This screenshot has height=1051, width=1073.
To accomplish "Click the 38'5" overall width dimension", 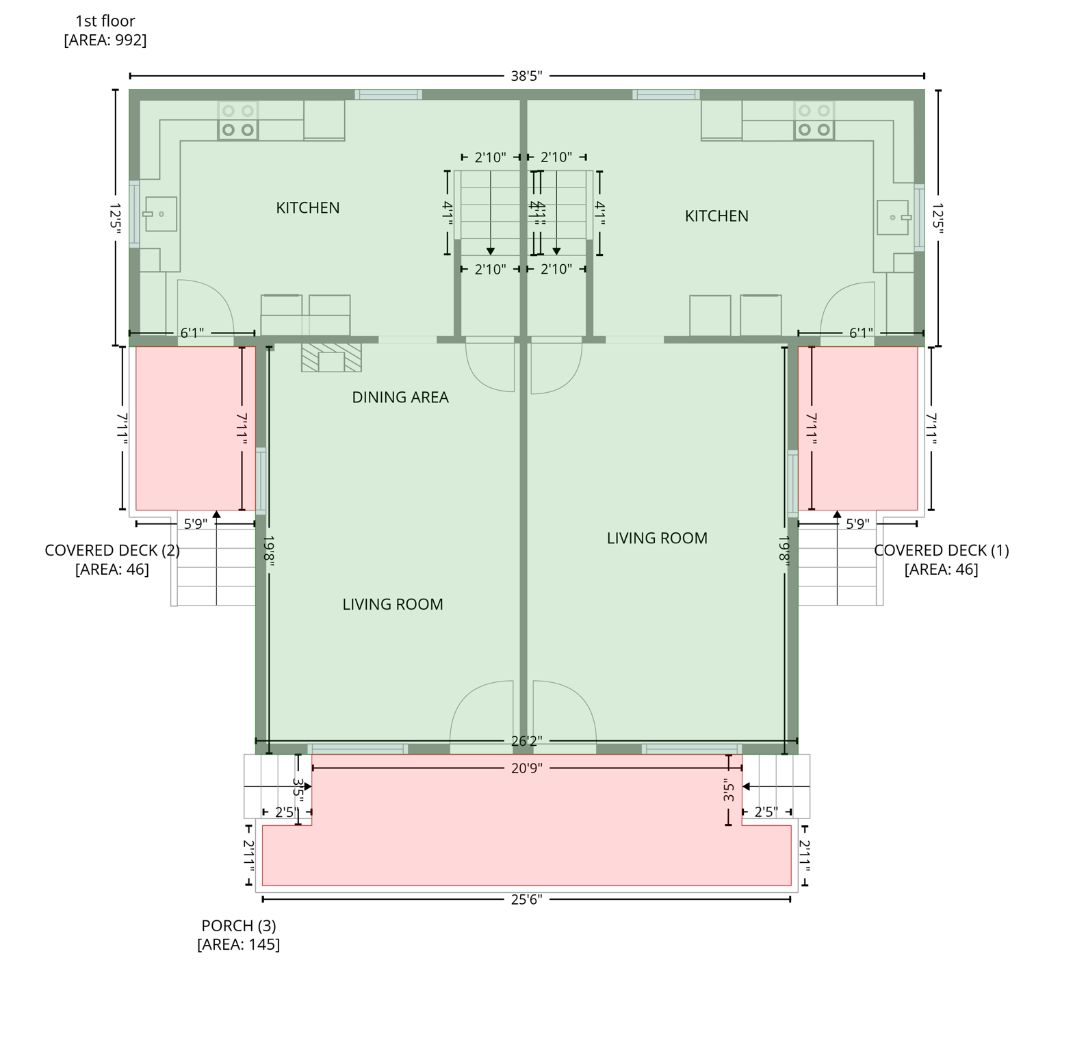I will pyautogui.click(x=526, y=76).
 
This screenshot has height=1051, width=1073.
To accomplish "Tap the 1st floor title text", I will pyautogui.click(x=105, y=21).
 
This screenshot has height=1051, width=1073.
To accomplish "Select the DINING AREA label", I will pyautogui.click(x=400, y=398).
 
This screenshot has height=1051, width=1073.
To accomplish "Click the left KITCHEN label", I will pyautogui.click(x=307, y=208).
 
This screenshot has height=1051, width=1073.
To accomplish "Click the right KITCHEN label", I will pyautogui.click(x=716, y=216).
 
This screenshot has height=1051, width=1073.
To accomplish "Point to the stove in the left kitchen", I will pyautogui.click(x=238, y=121).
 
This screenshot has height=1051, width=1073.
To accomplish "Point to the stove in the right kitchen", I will pyautogui.click(x=814, y=121).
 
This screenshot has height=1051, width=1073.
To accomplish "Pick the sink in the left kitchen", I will pyautogui.click(x=161, y=214).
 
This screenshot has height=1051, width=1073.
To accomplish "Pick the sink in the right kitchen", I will pyautogui.click(x=893, y=218).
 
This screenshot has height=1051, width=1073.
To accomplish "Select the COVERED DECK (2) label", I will pyautogui.click(x=112, y=551).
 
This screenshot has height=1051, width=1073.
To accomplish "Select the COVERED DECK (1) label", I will pyautogui.click(x=941, y=551).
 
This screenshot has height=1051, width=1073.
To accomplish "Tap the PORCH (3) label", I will pyautogui.click(x=238, y=926).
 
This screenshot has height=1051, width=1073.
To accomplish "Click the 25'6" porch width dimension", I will pyautogui.click(x=526, y=900).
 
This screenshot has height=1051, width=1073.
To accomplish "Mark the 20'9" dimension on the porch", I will pyautogui.click(x=526, y=768).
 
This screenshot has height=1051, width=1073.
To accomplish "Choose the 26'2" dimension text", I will pyautogui.click(x=526, y=741).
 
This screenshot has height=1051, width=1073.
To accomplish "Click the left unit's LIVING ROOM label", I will pyautogui.click(x=393, y=605).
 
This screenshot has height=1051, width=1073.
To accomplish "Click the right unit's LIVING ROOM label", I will pyautogui.click(x=657, y=539).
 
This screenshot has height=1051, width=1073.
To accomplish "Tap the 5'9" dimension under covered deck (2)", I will pyautogui.click(x=195, y=524).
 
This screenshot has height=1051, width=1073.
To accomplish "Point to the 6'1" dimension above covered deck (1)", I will pyautogui.click(x=861, y=333).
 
